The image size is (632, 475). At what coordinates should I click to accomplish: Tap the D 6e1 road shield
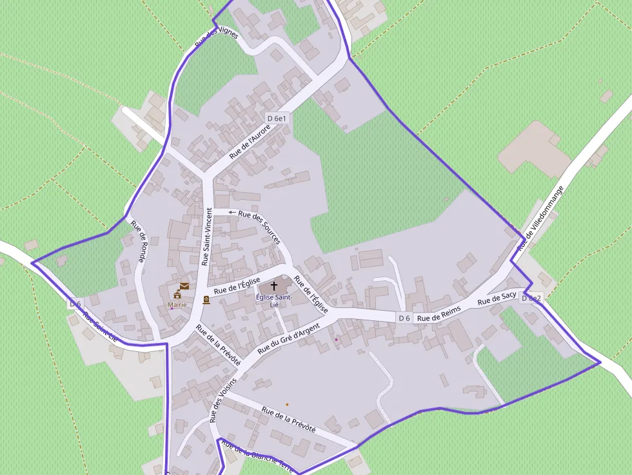click(x=277, y=118)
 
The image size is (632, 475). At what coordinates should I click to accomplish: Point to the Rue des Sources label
click(x=259, y=227)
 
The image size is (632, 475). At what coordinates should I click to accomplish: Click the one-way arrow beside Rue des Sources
click(x=232, y=212)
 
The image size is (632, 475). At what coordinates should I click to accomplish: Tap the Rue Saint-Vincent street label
click(x=206, y=237)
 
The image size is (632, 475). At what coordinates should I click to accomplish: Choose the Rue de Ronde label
click(x=139, y=242)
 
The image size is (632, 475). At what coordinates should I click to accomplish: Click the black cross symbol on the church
click(x=274, y=285)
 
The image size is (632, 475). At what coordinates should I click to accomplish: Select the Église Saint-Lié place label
click(x=274, y=300)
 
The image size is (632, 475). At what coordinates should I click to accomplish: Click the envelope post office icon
click(x=184, y=286)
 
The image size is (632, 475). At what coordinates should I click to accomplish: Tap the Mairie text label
click(x=177, y=304)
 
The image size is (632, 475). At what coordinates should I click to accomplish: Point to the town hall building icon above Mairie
click(x=177, y=295)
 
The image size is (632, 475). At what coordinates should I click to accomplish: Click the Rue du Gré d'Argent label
click(x=288, y=338)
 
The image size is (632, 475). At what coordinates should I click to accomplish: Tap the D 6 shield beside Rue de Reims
click(x=404, y=318)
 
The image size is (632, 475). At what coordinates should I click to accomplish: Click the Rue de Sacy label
click(x=497, y=298)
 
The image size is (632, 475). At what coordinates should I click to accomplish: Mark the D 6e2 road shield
click(x=531, y=298)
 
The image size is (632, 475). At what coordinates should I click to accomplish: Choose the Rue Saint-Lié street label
click(x=100, y=327)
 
